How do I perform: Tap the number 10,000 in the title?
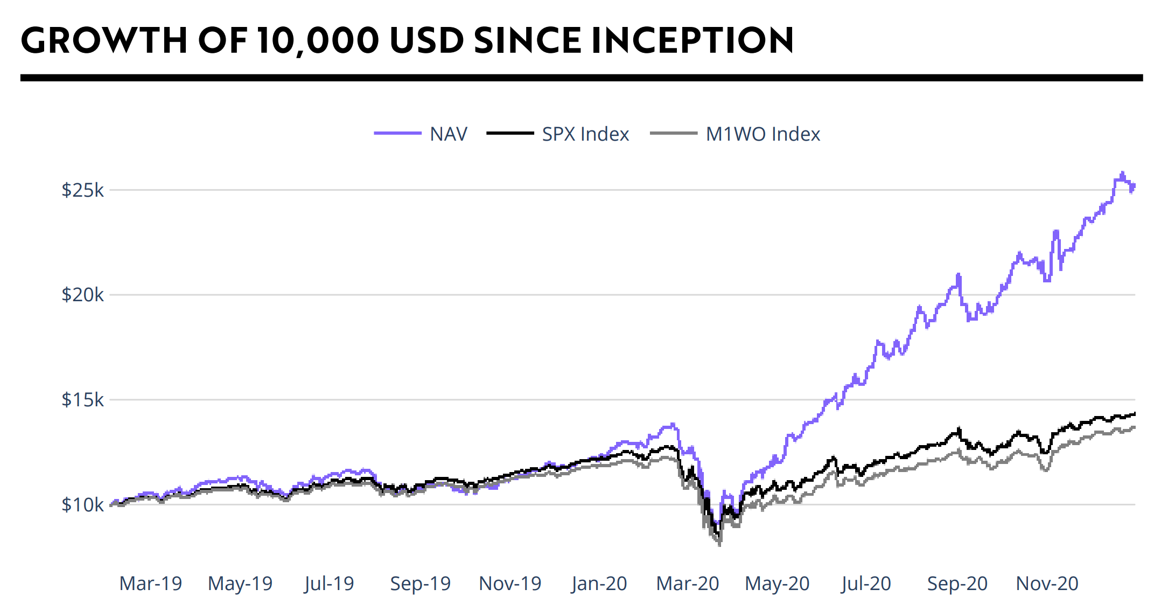point(318,40)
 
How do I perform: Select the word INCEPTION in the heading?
point(692,40)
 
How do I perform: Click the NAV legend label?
point(449,134)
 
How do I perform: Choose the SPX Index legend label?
point(585,134)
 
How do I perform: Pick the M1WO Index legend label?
point(763,134)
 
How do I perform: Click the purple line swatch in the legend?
point(397,133)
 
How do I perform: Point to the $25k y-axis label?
point(82,190)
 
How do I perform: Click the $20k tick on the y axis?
point(82,295)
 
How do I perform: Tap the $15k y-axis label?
point(82,400)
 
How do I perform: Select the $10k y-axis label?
point(82,505)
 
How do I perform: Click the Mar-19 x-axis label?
point(151,583)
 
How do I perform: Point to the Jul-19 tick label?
point(329,583)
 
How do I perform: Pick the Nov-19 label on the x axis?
point(510,583)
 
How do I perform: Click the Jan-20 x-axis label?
point(599,583)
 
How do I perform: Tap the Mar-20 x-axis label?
point(688,583)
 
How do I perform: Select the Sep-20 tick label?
point(957,583)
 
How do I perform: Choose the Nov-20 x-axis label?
point(1047,583)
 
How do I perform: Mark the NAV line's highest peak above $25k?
point(1123,173)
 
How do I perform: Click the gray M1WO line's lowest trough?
point(720,544)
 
